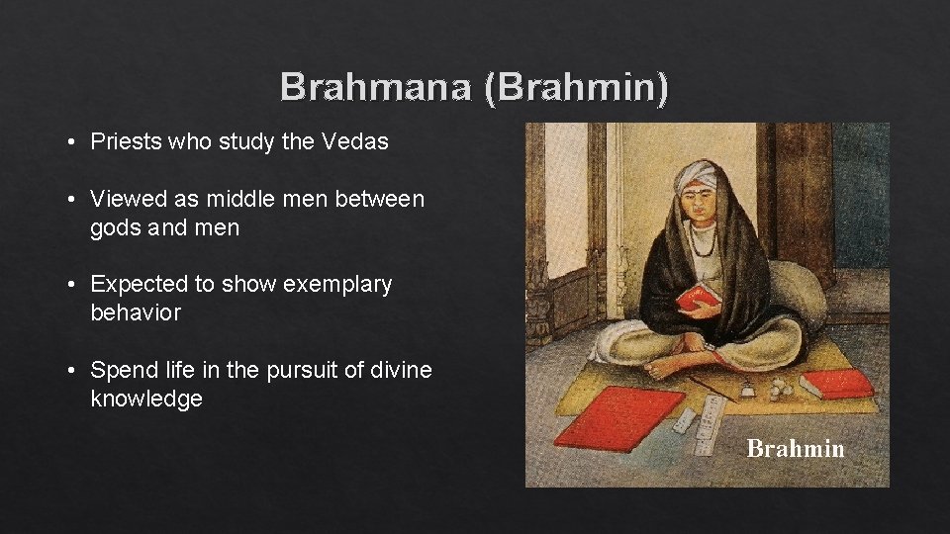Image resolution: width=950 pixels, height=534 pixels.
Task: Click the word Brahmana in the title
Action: click(x=376, y=87)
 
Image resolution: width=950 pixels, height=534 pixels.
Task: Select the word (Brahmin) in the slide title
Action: click(x=576, y=87)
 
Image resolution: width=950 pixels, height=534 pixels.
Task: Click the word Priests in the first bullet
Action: click(x=126, y=141)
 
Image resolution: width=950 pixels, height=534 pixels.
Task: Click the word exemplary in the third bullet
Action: click(x=337, y=285)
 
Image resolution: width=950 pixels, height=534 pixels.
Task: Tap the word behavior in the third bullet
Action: click(x=136, y=313)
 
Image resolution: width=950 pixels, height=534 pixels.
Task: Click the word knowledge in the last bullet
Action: click(x=146, y=400)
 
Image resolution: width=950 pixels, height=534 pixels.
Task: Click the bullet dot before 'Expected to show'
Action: click(x=73, y=285)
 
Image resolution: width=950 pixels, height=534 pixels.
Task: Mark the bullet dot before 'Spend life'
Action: click(x=73, y=371)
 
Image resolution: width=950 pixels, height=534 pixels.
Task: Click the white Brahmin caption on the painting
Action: click(x=795, y=449)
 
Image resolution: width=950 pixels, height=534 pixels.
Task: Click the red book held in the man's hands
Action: click(x=700, y=295)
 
